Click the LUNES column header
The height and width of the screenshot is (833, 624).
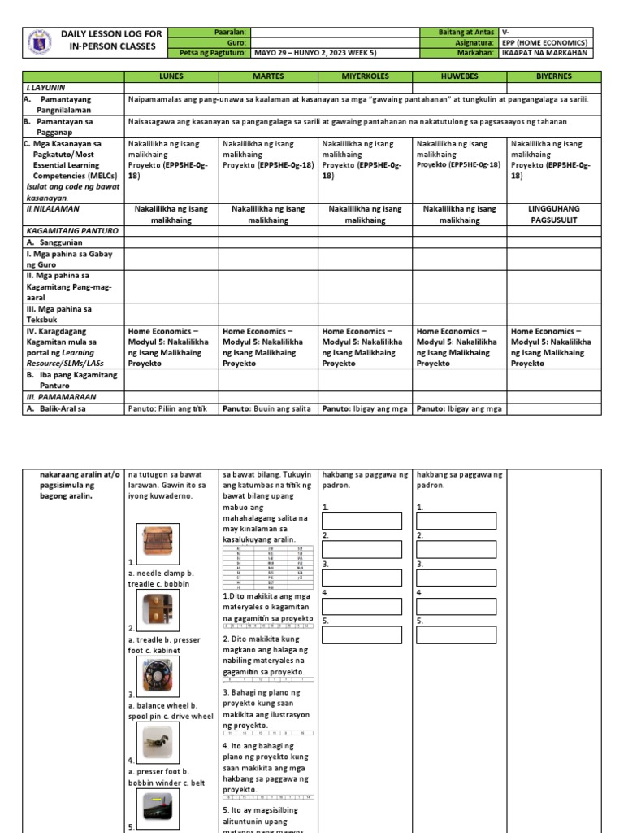pyautogui.click(x=171, y=76)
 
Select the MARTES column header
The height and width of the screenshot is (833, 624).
pyautogui.click(x=268, y=76)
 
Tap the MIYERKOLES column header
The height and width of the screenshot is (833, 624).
pyautogui.click(x=365, y=76)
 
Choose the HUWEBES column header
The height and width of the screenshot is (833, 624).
pyautogui.click(x=460, y=76)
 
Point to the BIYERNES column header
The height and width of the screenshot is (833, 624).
pyautogui.click(x=555, y=76)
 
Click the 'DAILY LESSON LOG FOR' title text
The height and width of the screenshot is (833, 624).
pyautogui.click(x=111, y=34)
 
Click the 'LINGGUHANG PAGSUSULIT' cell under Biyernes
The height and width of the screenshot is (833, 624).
pyautogui.click(x=555, y=215)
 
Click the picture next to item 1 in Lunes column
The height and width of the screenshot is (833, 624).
pyautogui.click(x=153, y=543)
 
